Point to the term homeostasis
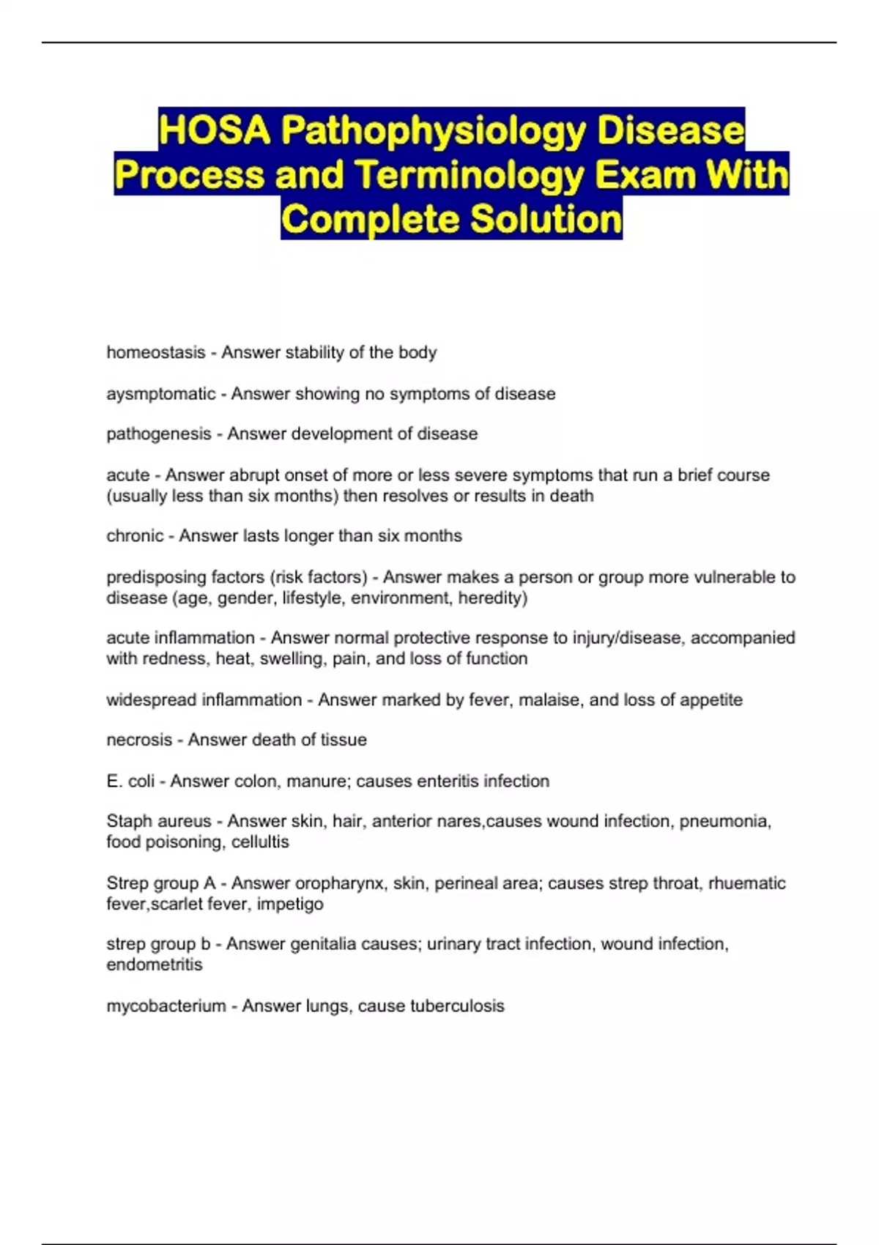pos(156,352)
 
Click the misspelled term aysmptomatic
pos(161,394)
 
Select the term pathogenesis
pos(159,434)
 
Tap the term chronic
pos(135,536)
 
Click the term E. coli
pos(130,781)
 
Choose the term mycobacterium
pos(166,1006)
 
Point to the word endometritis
pos(155,965)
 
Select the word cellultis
pos(260,842)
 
